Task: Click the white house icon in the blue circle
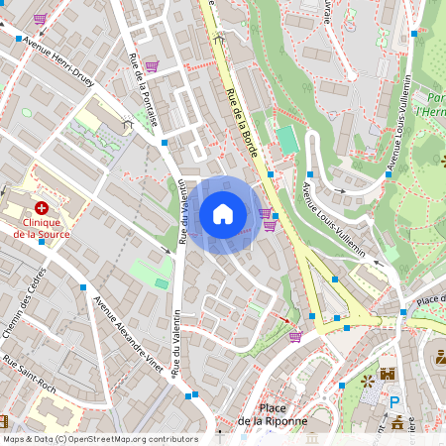(x=223, y=214)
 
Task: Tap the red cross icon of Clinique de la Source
(x=42, y=208)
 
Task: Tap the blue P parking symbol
(x=394, y=403)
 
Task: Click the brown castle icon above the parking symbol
(x=388, y=375)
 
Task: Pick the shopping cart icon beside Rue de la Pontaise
(x=152, y=66)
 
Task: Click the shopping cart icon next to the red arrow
(x=294, y=336)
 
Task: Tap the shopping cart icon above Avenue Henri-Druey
(x=40, y=18)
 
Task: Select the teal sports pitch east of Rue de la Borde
(x=287, y=139)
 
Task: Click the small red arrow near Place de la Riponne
(x=284, y=320)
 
